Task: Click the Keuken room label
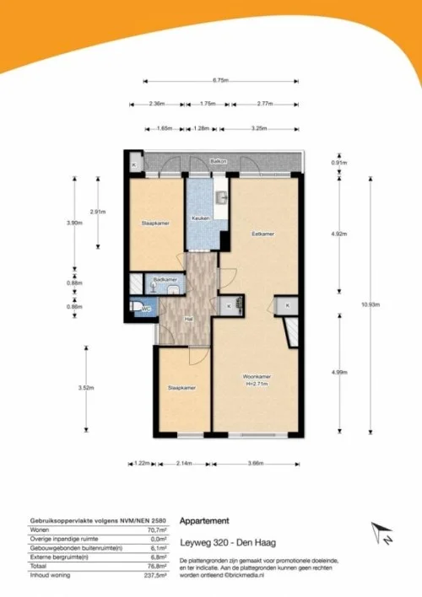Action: pos(201,218)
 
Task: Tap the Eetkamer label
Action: pos(262,233)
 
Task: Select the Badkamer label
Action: pos(165,279)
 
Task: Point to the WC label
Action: pos(145,309)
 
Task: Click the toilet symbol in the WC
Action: pos(137,308)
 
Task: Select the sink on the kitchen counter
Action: pos(220,199)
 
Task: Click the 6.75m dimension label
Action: pos(220,81)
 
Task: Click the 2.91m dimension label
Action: pos(100,212)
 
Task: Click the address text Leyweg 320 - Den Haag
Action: pos(222,541)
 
